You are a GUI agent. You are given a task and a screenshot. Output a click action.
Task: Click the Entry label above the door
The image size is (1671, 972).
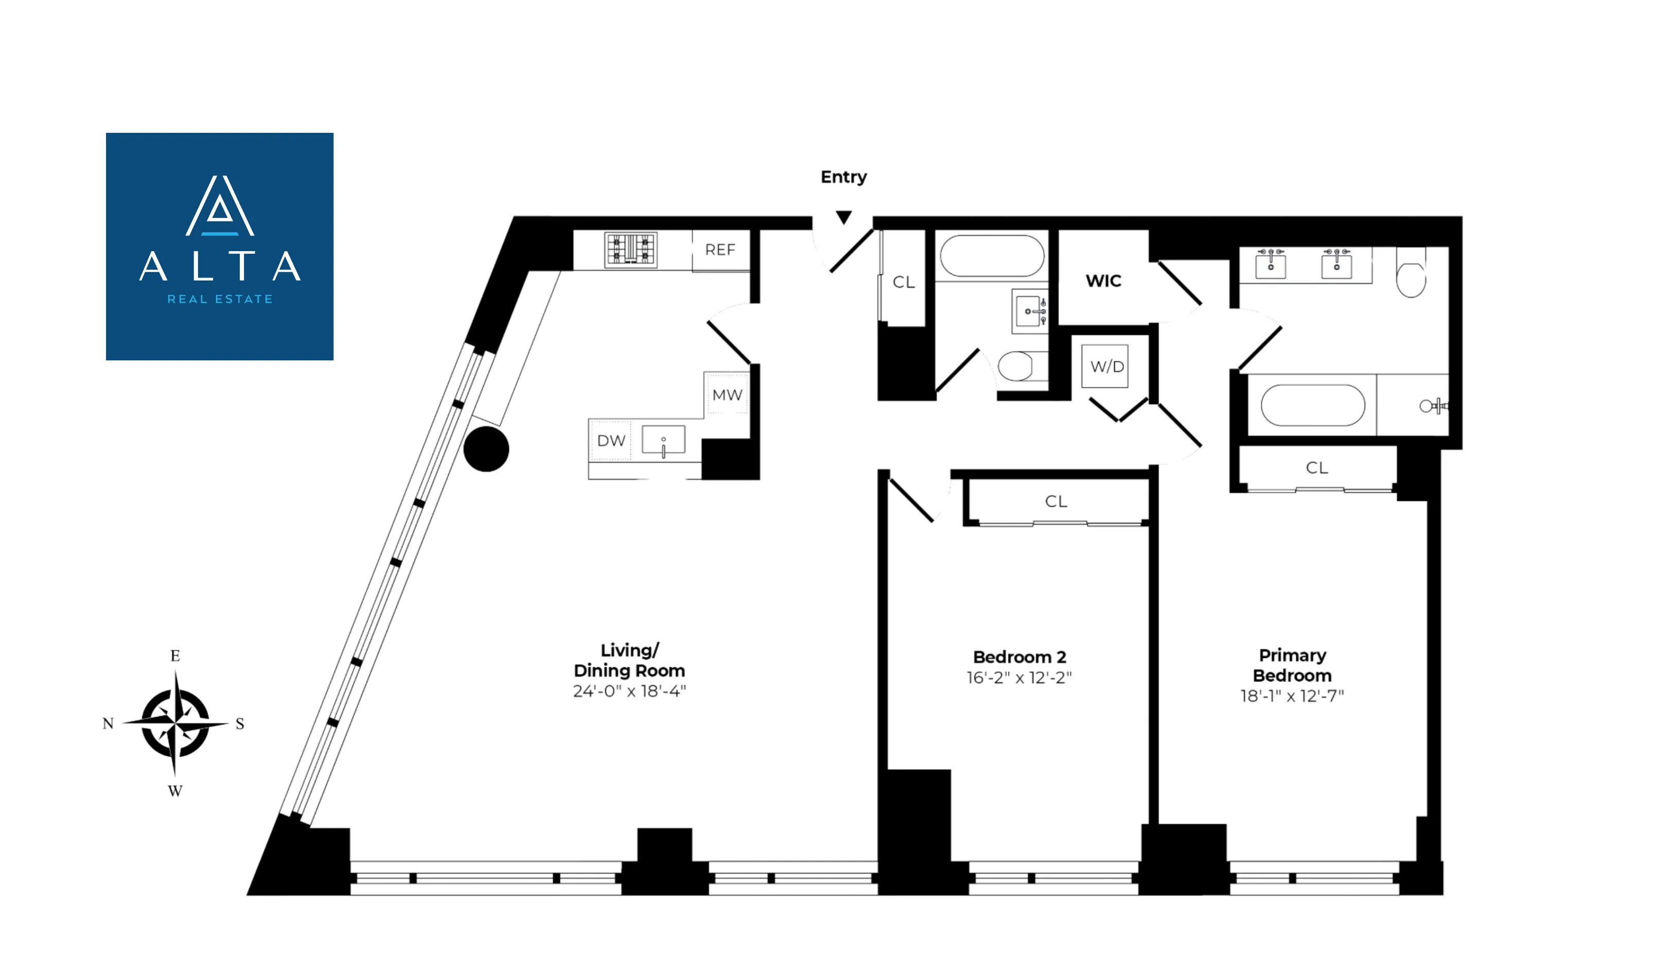point(843,177)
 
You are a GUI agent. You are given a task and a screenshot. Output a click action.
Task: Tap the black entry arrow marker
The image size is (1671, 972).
point(843,217)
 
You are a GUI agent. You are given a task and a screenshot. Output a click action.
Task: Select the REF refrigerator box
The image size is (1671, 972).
point(720,250)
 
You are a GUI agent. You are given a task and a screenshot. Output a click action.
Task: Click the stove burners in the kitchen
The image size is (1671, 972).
point(630,250)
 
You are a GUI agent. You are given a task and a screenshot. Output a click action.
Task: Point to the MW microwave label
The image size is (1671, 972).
point(727,395)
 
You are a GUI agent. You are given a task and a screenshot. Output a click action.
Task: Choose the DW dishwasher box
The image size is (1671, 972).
point(611,441)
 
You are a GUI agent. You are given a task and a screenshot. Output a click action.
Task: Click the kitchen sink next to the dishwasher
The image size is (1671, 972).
point(663,441)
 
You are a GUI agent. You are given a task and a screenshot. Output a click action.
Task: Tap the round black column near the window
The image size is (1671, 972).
point(486,449)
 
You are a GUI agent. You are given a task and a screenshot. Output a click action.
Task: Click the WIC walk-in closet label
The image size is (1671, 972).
point(1103,281)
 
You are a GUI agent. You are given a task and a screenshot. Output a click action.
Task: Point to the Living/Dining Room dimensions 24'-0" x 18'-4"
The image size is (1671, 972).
point(629,691)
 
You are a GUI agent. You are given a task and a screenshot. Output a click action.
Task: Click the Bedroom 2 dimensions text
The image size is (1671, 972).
point(1019,678)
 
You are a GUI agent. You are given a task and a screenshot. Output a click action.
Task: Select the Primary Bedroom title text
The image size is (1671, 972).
point(1292,666)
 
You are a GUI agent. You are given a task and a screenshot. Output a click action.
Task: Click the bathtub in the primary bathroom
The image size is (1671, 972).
point(1312,405)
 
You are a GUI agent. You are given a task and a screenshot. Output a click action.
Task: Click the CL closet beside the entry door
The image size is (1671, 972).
point(903,283)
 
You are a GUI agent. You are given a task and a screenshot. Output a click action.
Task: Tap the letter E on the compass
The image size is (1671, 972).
point(175,656)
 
